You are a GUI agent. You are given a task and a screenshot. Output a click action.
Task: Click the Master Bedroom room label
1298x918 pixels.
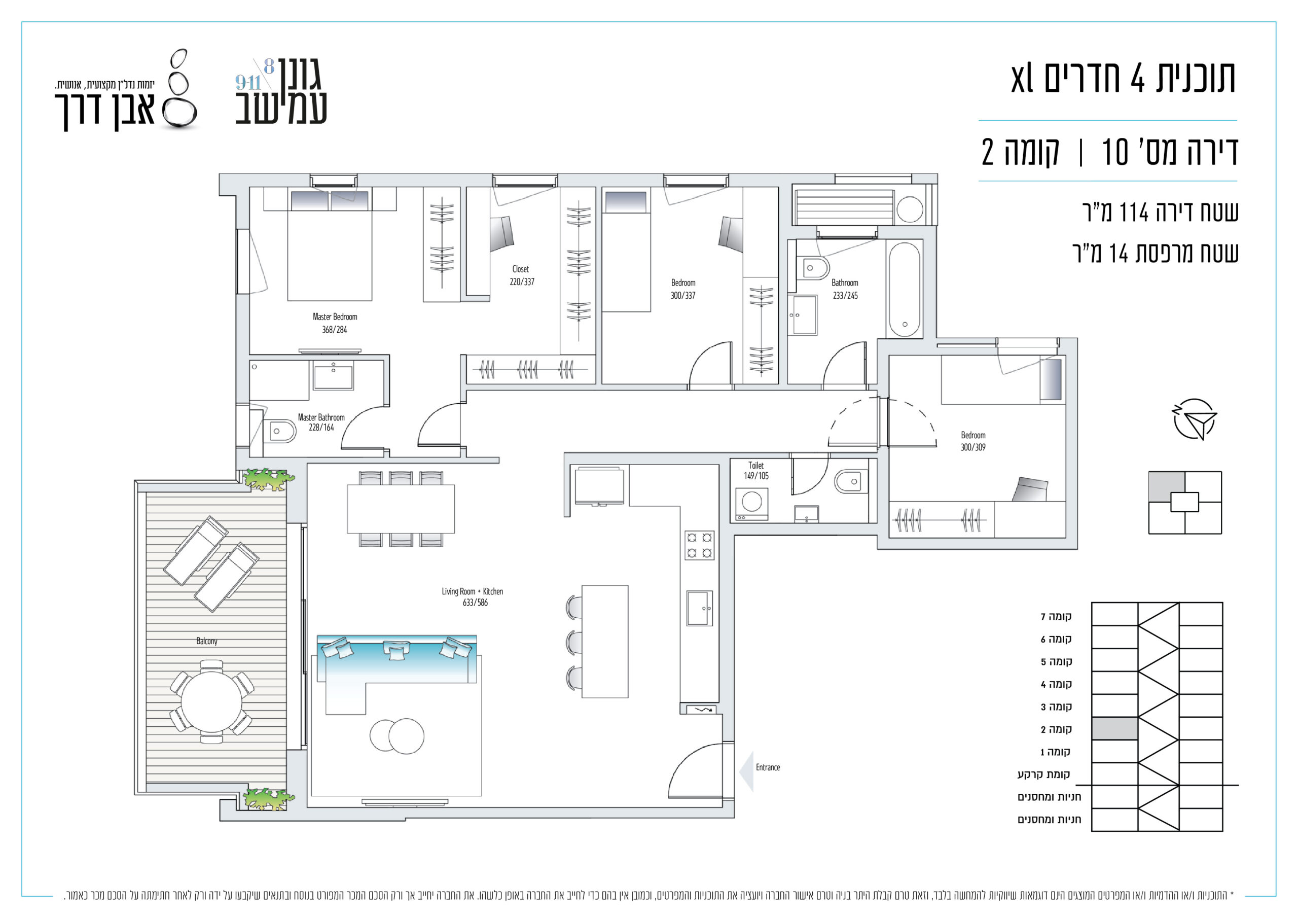tap(335, 317)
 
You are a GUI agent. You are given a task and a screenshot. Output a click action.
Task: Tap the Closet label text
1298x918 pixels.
tap(521, 269)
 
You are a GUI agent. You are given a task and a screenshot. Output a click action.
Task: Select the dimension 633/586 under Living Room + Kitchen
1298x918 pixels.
tap(475, 603)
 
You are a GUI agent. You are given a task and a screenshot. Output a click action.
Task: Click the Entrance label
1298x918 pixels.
tap(768, 767)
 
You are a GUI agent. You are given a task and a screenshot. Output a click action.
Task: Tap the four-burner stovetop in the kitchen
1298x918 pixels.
tap(699, 545)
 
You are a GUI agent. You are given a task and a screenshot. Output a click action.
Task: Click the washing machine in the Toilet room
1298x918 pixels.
tap(752, 504)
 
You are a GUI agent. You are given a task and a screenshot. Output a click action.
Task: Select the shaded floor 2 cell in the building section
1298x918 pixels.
tap(1114, 728)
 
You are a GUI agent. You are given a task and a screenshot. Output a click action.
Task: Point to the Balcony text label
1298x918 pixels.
tap(207, 641)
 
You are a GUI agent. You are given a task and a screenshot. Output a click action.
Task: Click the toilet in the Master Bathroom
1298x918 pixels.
tap(280, 432)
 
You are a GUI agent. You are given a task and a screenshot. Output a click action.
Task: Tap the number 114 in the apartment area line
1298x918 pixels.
tap(1134, 213)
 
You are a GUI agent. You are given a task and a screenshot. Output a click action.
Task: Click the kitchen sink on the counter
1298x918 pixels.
tap(699, 609)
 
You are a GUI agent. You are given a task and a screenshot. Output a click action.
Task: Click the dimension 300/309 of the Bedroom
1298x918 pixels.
tap(973, 447)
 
